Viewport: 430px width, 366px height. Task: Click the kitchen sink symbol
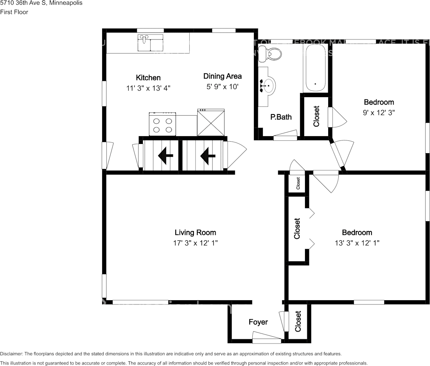click(151, 43)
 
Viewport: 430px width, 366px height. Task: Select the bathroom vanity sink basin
click(268, 85)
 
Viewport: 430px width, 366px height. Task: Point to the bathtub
click(316, 69)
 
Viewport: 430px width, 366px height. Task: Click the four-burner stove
click(162, 124)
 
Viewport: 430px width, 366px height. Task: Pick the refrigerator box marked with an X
click(211, 123)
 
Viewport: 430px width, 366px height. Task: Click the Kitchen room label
click(148, 78)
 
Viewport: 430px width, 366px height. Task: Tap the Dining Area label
click(223, 76)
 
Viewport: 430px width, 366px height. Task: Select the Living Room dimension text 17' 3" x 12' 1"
click(195, 243)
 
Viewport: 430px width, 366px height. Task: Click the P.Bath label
click(281, 117)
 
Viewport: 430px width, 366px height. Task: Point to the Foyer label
click(258, 322)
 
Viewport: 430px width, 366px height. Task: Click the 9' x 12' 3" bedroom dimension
click(379, 113)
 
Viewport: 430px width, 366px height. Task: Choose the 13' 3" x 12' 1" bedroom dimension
click(357, 243)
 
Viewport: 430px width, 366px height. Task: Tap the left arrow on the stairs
click(166, 156)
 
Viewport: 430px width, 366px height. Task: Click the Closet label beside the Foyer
click(298, 322)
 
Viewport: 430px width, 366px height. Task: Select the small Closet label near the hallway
click(298, 183)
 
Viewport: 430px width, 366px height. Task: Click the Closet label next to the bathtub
click(316, 116)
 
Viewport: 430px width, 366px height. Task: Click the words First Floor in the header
click(14, 12)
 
